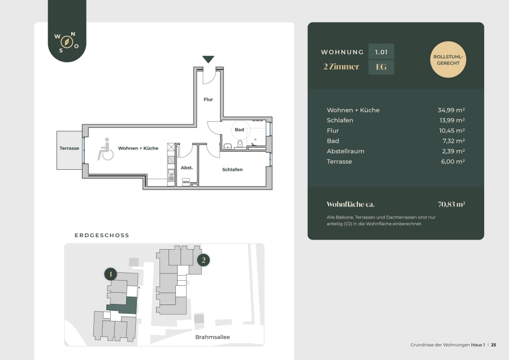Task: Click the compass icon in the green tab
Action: (x=67, y=42)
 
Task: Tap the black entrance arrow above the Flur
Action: (x=208, y=59)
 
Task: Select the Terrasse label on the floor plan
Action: (x=69, y=148)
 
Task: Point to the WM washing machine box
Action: (x=186, y=182)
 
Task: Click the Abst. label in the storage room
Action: (x=187, y=168)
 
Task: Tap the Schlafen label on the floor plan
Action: (x=232, y=170)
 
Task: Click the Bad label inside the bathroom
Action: (x=239, y=130)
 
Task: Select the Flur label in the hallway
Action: (x=208, y=100)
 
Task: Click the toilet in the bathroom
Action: (x=240, y=144)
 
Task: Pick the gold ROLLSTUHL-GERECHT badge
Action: (x=448, y=59)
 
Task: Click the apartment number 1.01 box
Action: (x=381, y=52)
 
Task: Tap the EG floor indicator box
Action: (x=381, y=67)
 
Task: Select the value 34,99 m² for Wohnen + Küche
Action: (x=451, y=110)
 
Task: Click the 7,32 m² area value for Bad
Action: (x=454, y=141)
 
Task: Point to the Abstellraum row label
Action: (x=346, y=151)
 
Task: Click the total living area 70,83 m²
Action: (x=451, y=204)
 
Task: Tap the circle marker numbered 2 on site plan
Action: (x=204, y=260)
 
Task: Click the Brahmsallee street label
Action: (x=213, y=337)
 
